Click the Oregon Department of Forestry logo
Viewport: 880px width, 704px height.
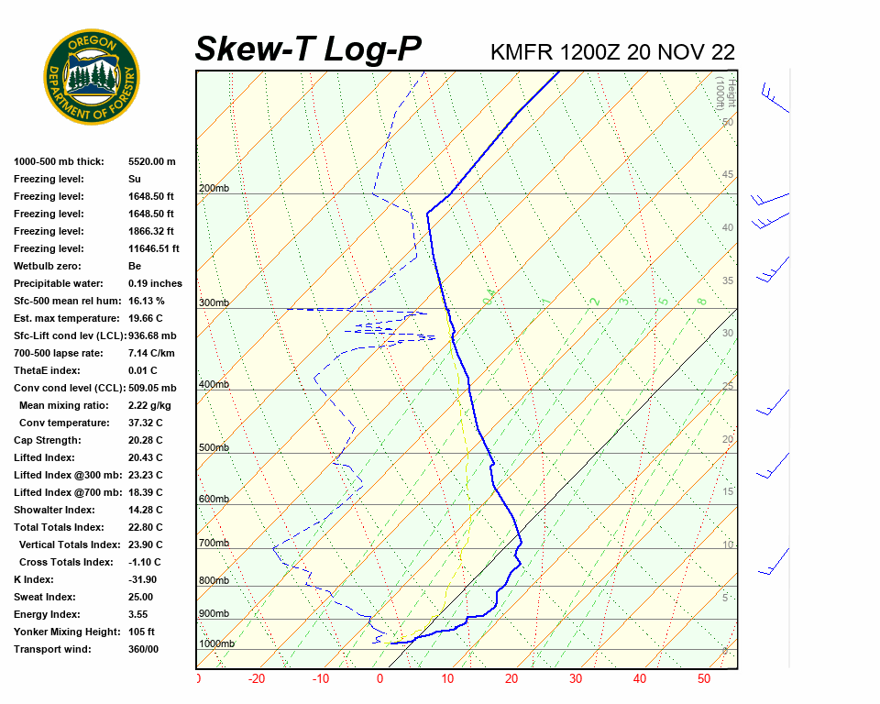pos(92,77)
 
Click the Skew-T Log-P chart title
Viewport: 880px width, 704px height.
pos(309,49)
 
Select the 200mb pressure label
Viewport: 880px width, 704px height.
pos(214,189)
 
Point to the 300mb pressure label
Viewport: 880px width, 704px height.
pos(214,302)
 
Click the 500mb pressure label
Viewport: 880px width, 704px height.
pos(214,448)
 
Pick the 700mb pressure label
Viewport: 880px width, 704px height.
pos(214,544)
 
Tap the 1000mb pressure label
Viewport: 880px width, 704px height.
pos(216,643)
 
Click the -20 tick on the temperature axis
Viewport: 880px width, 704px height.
pos(257,679)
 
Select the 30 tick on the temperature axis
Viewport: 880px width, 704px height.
pos(576,679)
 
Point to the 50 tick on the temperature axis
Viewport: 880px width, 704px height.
pos(704,679)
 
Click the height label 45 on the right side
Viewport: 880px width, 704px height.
pos(728,175)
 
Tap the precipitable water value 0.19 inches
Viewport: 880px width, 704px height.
pos(155,283)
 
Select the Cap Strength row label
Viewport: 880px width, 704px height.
pos(48,440)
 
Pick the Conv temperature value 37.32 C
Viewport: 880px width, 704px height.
pos(145,423)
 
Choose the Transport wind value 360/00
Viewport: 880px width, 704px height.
pos(144,649)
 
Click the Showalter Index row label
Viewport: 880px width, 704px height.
pos(54,510)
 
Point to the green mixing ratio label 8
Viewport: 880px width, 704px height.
pos(701,301)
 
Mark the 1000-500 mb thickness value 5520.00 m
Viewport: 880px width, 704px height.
pos(151,161)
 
